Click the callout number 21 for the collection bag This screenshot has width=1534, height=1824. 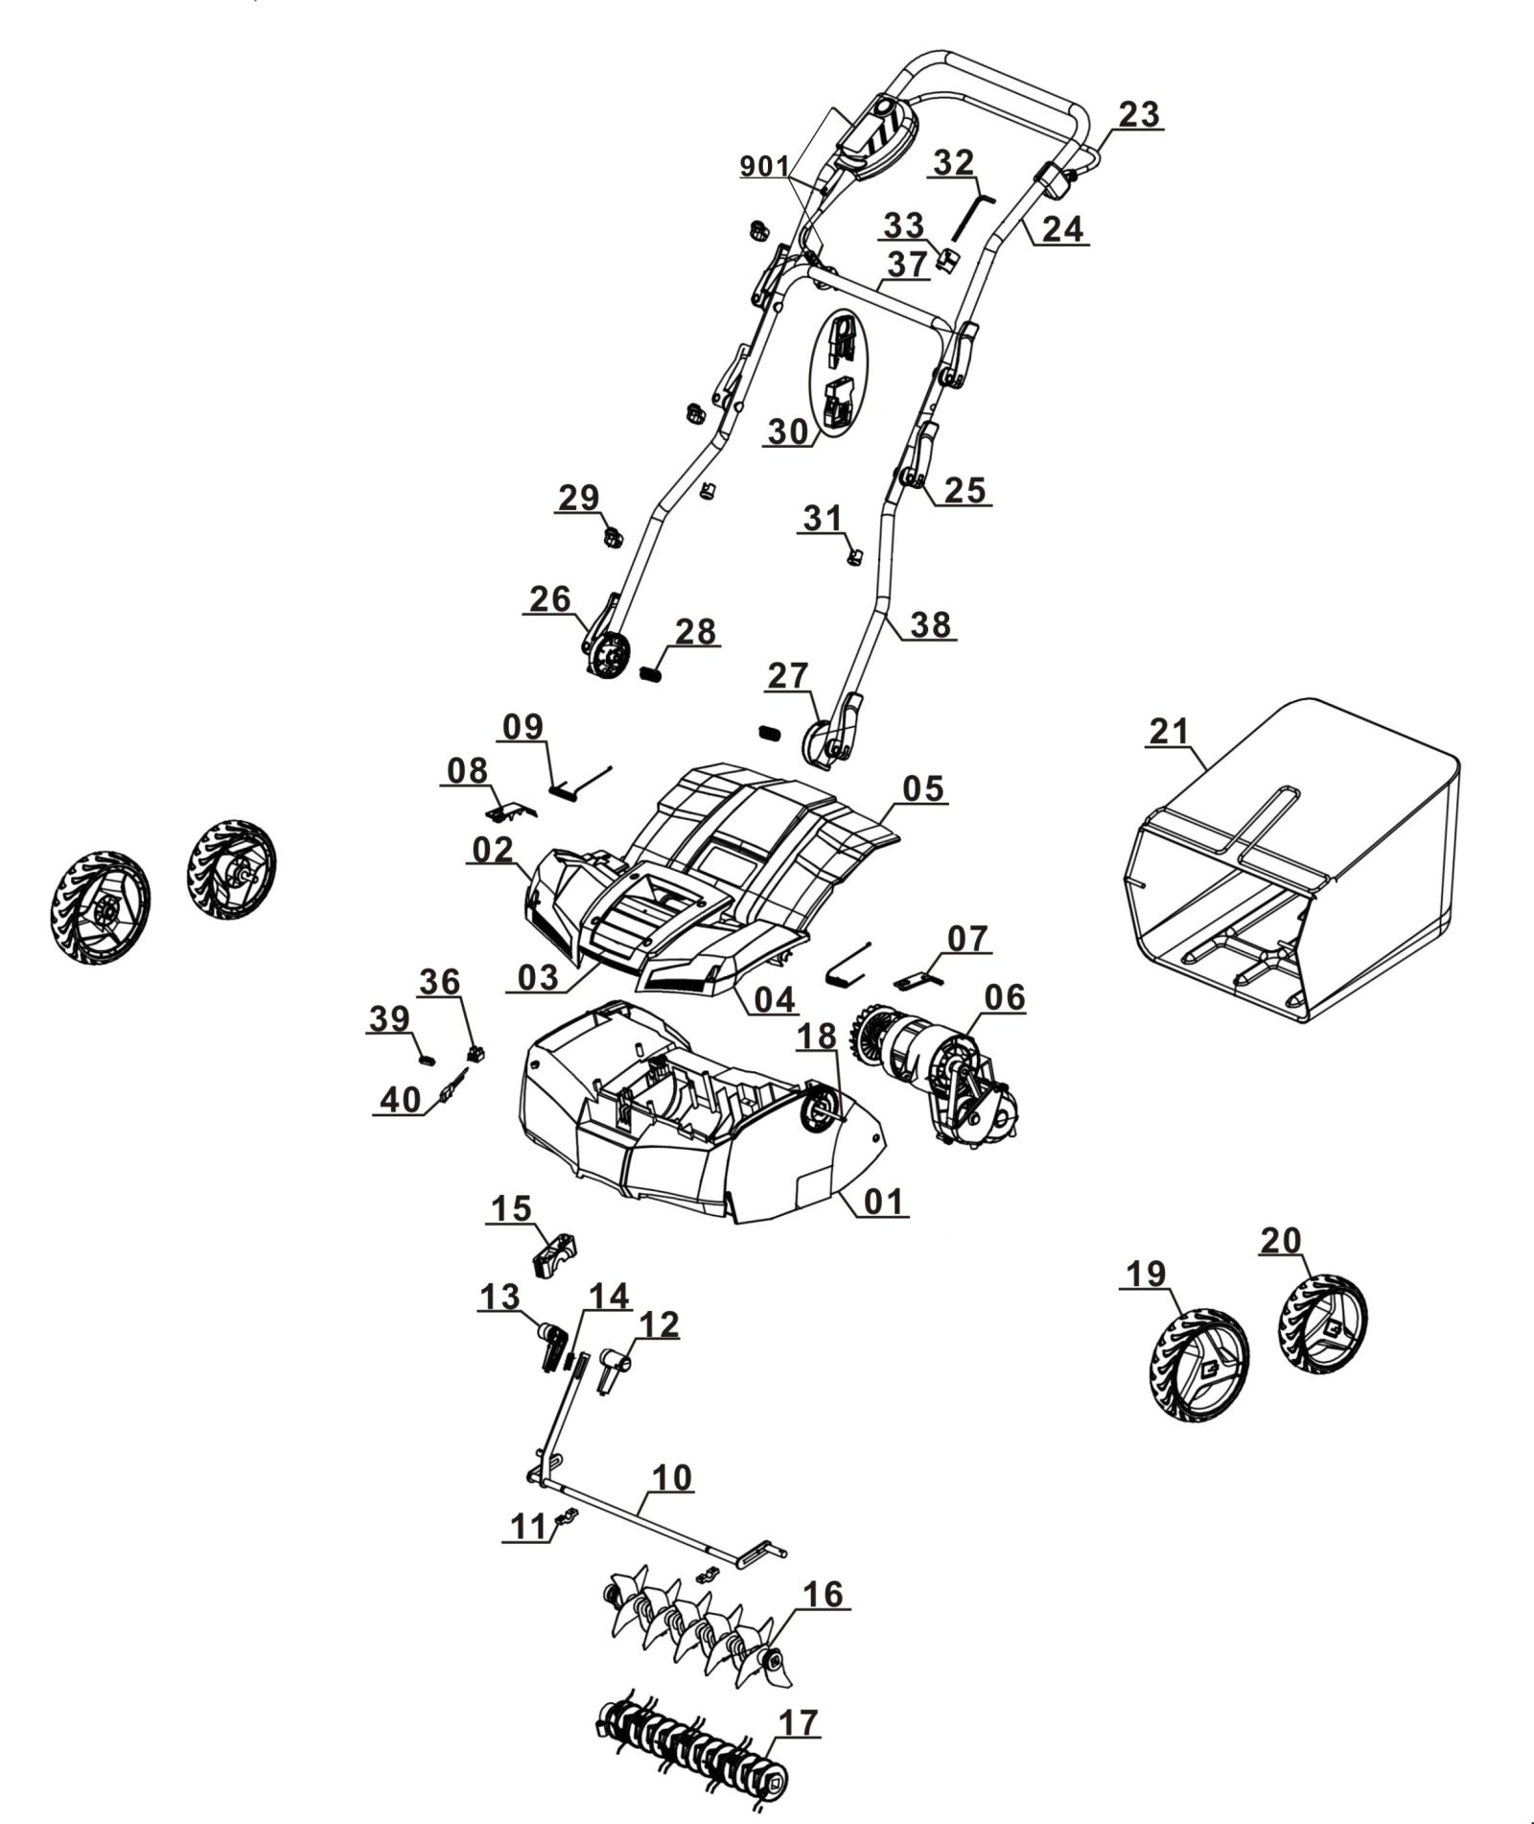(1169, 731)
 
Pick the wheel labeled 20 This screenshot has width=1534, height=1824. (1324, 1325)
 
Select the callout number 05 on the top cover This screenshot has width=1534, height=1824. (923, 788)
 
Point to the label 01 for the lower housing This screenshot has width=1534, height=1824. (883, 1201)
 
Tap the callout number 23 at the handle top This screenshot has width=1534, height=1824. (1138, 115)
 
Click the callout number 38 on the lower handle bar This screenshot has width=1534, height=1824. (930, 624)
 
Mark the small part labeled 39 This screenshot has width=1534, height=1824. (429, 1059)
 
